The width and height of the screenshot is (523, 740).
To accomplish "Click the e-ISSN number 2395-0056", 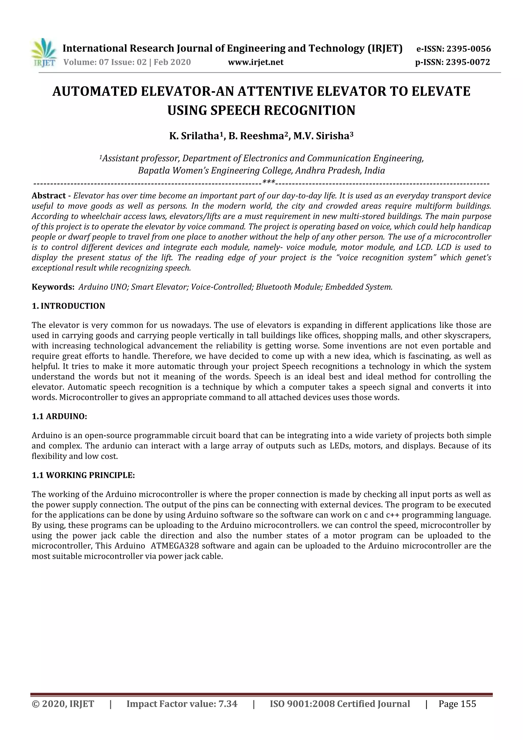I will pos(469,49).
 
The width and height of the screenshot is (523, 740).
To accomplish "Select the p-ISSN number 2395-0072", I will pos(468,62).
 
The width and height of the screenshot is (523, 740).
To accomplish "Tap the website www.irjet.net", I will pos(256,62).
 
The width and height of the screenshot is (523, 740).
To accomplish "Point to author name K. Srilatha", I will pos(194,136).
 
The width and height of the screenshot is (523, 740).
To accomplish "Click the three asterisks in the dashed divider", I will pos(269,183).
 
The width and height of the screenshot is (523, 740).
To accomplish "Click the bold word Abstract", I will pos(48,196).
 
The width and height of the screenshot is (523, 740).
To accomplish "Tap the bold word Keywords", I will pos(53,287).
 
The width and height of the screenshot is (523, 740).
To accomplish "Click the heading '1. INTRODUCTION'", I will pos(68,306).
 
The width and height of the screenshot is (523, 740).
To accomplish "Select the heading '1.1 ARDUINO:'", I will pos(59,417).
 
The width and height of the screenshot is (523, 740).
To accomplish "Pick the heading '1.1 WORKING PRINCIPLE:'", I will pos(83,475).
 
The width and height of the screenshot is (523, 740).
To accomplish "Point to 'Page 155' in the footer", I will pos(457,704).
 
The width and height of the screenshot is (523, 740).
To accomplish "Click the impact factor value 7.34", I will pos(228,704).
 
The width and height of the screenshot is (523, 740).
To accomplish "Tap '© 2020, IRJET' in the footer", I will pos(63,704).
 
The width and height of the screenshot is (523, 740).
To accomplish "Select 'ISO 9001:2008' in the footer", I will pos(302,704).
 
